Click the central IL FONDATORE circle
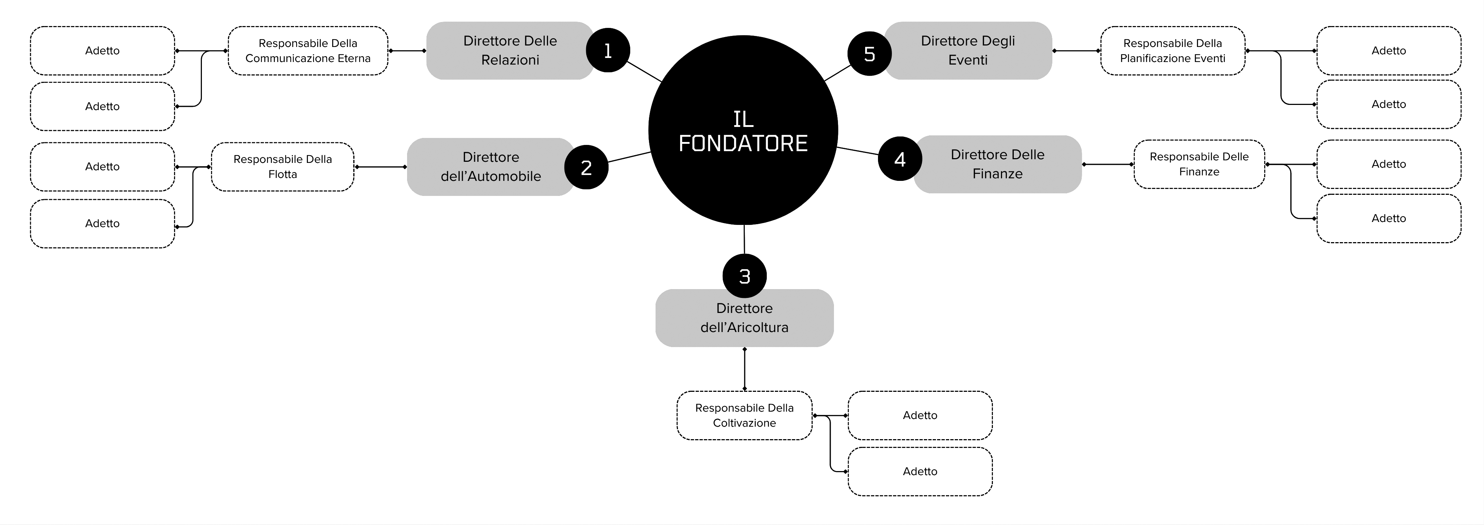click(x=743, y=130)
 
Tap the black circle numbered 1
click(x=608, y=51)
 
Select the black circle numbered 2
click(x=587, y=167)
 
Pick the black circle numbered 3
click(x=744, y=276)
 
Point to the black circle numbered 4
click(x=900, y=159)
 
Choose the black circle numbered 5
click(x=869, y=54)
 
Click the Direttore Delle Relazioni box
click(x=510, y=51)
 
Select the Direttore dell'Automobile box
click(x=491, y=167)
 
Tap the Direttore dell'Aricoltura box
click(x=744, y=318)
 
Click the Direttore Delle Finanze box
click(x=997, y=164)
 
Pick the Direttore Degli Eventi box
click(x=968, y=51)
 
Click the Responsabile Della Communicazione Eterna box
click(x=308, y=51)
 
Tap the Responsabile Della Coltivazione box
click(x=744, y=416)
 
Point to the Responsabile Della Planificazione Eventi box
click(x=1172, y=51)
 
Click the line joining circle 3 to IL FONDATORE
click(x=744, y=240)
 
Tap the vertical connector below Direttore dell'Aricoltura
click(x=744, y=369)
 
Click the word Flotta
click(x=282, y=174)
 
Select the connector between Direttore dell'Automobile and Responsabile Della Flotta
click(x=380, y=167)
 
